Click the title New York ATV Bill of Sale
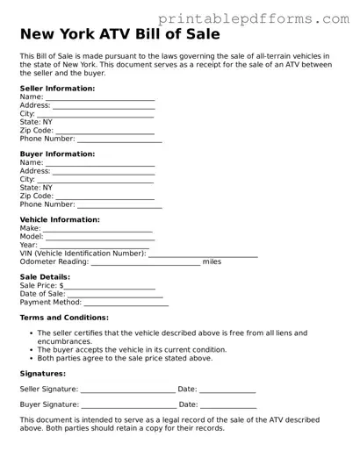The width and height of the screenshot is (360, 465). click(119, 35)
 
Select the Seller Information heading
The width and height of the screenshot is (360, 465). click(59, 89)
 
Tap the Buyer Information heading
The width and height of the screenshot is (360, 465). click(58, 154)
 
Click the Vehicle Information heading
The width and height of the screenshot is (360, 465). click(60, 219)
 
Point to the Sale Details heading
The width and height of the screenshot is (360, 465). click(51, 277)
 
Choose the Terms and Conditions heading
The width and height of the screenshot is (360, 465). click(64, 318)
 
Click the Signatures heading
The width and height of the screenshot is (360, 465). click(42, 373)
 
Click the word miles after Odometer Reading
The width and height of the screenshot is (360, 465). click(212, 261)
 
